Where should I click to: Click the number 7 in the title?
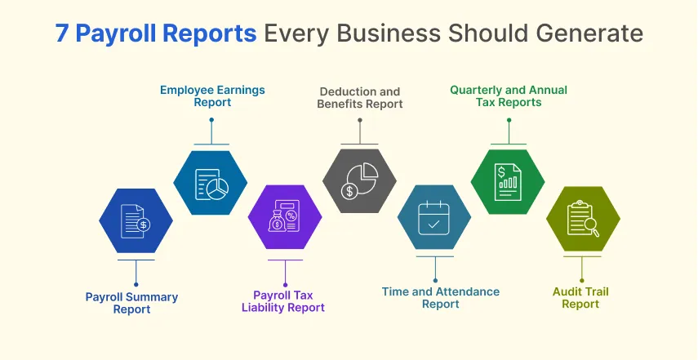pyautogui.click(x=64, y=33)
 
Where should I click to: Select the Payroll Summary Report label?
pyautogui.click(x=131, y=303)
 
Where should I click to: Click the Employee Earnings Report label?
pyautogui.click(x=212, y=96)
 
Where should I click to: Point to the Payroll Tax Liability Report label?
pyautogui.click(x=283, y=301)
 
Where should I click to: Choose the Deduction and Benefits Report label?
pyautogui.click(x=361, y=98)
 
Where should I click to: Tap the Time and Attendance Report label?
pyautogui.click(x=441, y=298)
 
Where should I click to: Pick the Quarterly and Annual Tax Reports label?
pyautogui.click(x=509, y=96)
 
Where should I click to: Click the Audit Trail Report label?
pyautogui.click(x=580, y=298)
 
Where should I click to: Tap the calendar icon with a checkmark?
pyautogui.click(x=433, y=218)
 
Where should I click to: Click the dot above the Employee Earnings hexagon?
pyautogui.click(x=211, y=120)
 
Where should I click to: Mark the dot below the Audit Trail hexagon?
pyautogui.click(x=582, y=280)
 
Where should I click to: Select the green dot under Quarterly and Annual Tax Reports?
pyautogui.click(x=509, y=120)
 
